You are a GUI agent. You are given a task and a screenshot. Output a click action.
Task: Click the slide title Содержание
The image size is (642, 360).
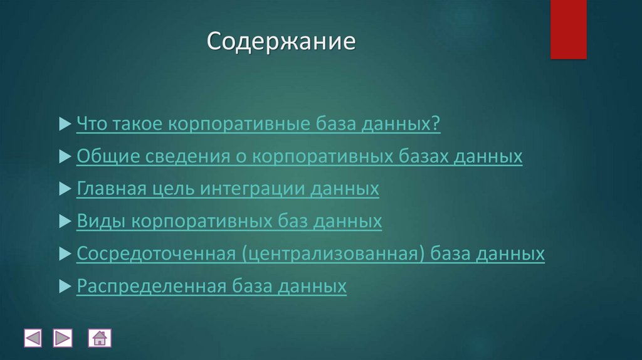tap(282, 42)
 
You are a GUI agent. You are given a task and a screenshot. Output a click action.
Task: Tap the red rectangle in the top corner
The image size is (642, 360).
tap(568, 29)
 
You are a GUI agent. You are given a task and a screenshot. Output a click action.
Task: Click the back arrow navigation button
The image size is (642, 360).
tap(33, 339)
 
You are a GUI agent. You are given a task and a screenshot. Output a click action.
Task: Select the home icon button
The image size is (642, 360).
tap(100, 339)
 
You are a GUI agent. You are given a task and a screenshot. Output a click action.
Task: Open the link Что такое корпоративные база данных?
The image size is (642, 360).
tap(258, 124)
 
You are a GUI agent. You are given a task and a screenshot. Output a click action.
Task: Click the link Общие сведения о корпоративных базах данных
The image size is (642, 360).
tap(299, 157)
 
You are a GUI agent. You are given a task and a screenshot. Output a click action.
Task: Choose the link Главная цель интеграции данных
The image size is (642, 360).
tap(228, 189)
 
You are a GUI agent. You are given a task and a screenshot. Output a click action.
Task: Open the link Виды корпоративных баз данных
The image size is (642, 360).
tap(229, 221)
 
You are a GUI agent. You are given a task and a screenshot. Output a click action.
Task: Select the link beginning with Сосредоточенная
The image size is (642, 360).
tap(310, 254)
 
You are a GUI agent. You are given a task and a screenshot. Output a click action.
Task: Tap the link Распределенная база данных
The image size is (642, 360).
tap(211, 287)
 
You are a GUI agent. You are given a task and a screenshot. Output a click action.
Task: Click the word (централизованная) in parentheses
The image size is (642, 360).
tap(331, 254)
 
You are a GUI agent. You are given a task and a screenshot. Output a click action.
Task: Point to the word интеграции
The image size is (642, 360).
tap(251, 189)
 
